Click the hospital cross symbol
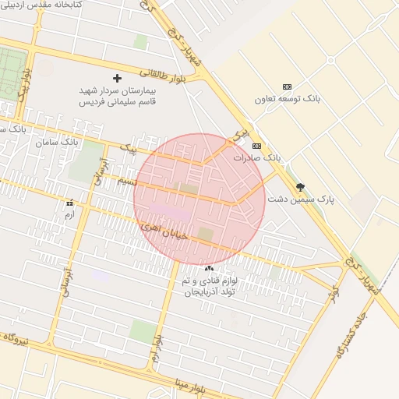point(118,78)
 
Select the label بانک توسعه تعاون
point(288,99)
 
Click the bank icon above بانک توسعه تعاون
point(287,87)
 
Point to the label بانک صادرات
point(256,157)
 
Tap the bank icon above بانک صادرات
point(256,146)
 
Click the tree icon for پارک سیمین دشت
point(301,187)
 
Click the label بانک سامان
point(58,143)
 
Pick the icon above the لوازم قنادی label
point(208,268)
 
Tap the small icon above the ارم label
point(69,203)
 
